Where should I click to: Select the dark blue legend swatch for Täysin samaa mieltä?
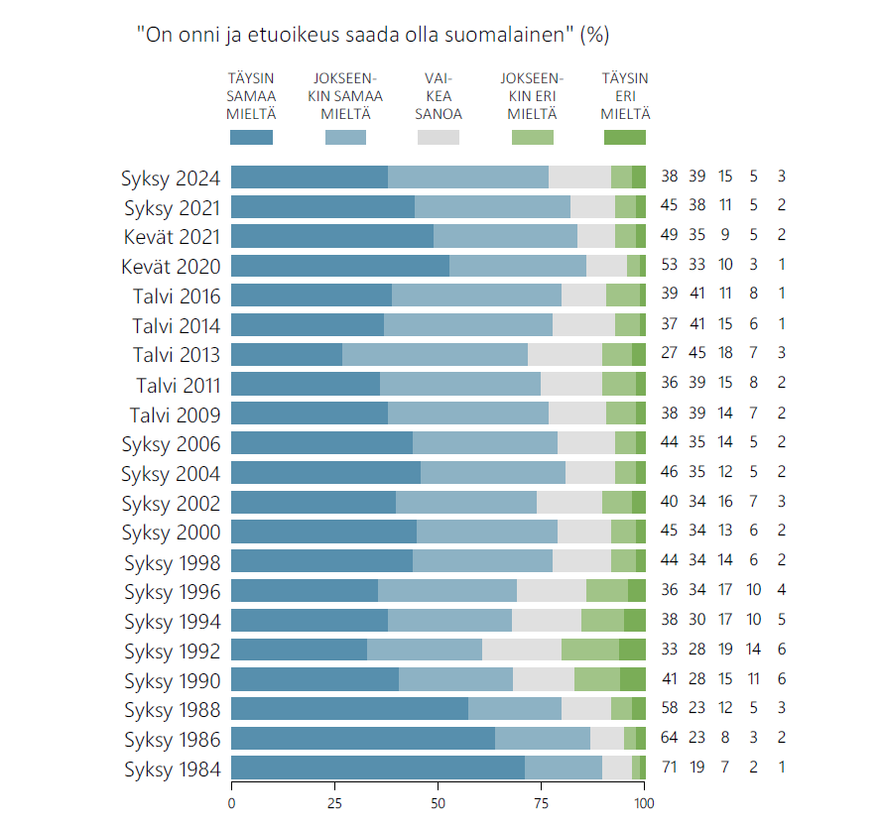(251, 138)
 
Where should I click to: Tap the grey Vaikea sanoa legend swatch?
(438, 138)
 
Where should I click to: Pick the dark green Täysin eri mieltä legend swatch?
(624, 138)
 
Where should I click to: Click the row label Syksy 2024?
(171, 178)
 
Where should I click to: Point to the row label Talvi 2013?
(177, 355)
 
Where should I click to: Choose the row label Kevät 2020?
(171, 267)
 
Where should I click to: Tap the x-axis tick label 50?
(438, 802)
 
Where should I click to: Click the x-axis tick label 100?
(645, 802)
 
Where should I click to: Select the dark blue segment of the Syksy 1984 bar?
(377, 768)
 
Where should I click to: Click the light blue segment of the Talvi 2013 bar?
(435, 355)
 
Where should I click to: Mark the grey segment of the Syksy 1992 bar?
(522, 650)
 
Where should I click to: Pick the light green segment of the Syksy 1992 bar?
(590, 650)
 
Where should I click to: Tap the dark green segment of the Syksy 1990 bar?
(633, 679)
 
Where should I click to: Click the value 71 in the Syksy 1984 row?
(669, 769)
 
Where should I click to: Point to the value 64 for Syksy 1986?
(669, 739)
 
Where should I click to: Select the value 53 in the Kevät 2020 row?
(669, 267)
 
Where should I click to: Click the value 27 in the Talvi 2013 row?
(669, 355)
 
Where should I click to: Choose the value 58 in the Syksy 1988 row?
(669, 709)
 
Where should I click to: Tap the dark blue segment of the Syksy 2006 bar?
(321, 443)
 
